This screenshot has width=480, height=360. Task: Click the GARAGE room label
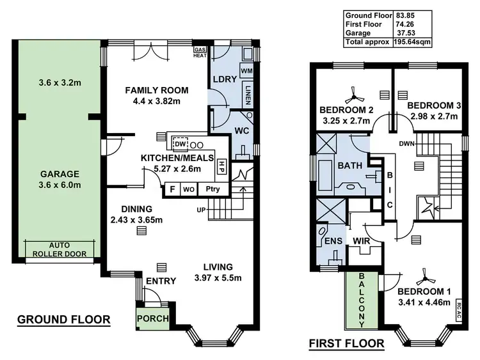click(58, 173)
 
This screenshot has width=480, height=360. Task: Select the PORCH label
click(153, 319)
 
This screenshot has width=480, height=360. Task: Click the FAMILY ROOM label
click(154, 90)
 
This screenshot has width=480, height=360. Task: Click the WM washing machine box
click(246, 70)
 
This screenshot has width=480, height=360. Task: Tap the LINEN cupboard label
click(247, 95)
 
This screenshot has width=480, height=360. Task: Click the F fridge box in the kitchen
click(172, 189)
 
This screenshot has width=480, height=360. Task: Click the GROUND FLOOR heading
click(63, 319)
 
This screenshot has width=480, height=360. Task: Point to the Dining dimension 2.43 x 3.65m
click(136, 221)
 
